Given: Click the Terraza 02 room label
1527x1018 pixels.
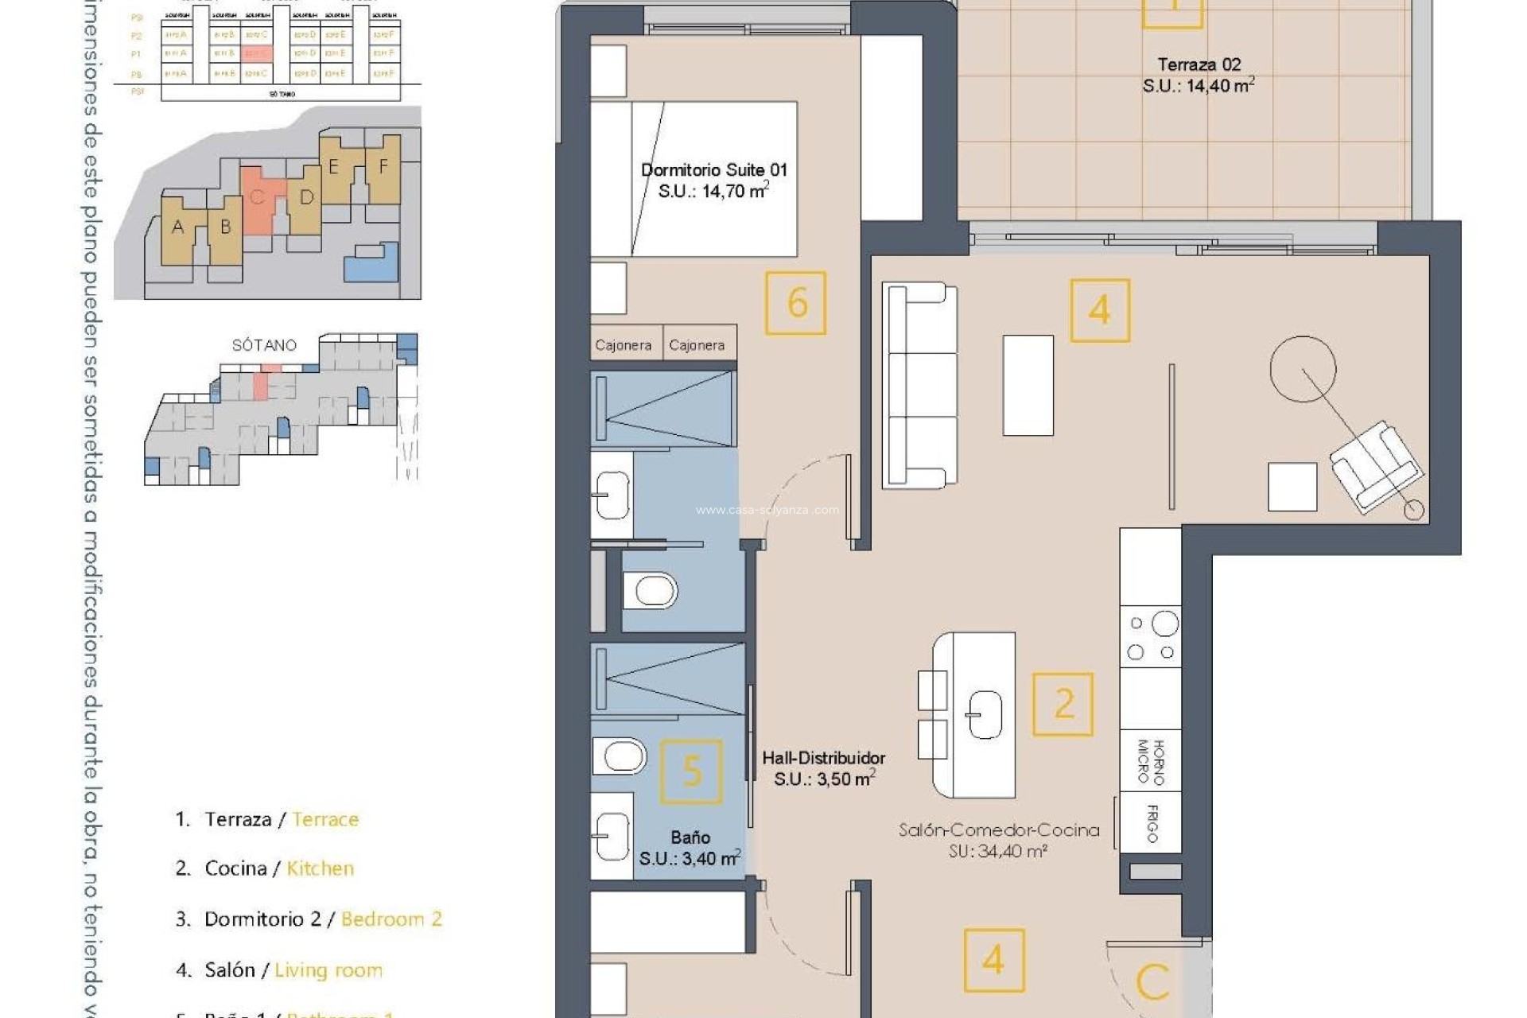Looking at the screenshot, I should coord(1199,65).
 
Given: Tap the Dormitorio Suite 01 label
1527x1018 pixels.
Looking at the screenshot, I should coord(713,170).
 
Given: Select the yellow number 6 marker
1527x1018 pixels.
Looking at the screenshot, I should coord(795,303).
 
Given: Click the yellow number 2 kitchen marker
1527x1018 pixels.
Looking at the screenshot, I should coord(1063,705).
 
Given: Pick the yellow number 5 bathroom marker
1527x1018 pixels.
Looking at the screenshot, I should coord(692,771).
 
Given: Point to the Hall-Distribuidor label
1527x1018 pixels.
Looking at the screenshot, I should coord(823,759).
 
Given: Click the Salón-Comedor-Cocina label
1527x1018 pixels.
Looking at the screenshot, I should coord(999,830).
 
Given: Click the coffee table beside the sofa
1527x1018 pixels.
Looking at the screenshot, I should coord(1028,385).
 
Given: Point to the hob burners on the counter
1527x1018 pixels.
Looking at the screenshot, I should coord(1151,637).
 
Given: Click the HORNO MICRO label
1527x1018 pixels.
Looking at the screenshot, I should coord(1150,761).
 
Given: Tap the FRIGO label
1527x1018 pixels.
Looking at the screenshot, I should coord(1152,823).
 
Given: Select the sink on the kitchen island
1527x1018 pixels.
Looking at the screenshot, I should coord(984,714).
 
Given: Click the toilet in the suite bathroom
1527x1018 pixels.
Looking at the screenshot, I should coord(650,591).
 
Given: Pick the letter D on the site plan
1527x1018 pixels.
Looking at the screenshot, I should coord(306,197).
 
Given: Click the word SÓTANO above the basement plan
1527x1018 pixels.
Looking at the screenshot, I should coord(264,345).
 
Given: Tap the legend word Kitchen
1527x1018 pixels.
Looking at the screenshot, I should coord(320,868).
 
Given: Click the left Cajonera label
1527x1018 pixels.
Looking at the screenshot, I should coord(624,345).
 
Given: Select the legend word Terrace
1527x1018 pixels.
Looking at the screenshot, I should coord(325,819).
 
